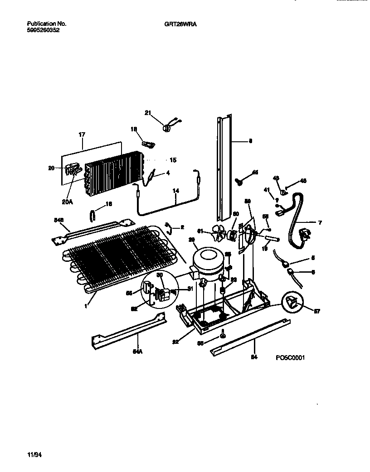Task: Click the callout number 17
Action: tap(82, 135)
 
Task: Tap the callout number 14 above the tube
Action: tap(175, 192)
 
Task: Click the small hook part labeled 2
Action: tap(168, 226)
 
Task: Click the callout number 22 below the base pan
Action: tap(175, 341)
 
